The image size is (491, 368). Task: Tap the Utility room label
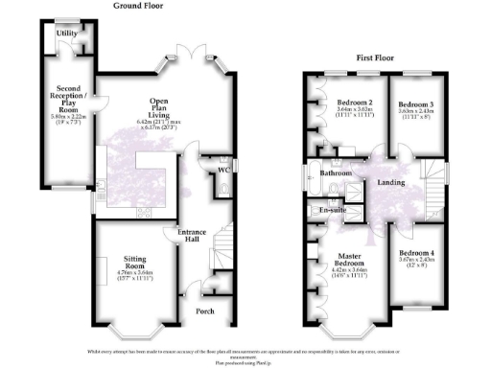pos(66,34)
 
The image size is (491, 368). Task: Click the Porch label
pos(205,310)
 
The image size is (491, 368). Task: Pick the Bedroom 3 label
pos(416,104)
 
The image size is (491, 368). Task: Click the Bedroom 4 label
pos(417,255)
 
